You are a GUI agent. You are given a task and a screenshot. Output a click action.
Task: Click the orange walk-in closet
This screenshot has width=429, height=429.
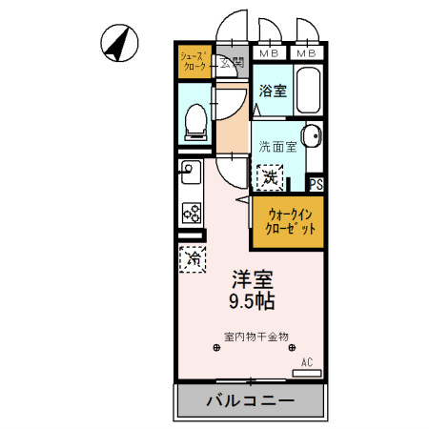[289, 221]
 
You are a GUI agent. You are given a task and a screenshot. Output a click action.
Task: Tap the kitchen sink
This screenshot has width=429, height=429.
[188, 174]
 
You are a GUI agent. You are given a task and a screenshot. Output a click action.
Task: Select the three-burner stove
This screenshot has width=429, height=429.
[189, 212]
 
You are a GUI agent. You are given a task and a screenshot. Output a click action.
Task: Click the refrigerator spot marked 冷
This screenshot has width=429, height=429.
[192, 257]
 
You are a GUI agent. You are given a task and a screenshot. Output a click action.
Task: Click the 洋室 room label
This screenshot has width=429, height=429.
[253, 280]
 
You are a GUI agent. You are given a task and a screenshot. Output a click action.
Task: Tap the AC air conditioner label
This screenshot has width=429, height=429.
[307, 362]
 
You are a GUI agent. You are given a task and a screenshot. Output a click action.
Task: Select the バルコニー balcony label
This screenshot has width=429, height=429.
[251, 401]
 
